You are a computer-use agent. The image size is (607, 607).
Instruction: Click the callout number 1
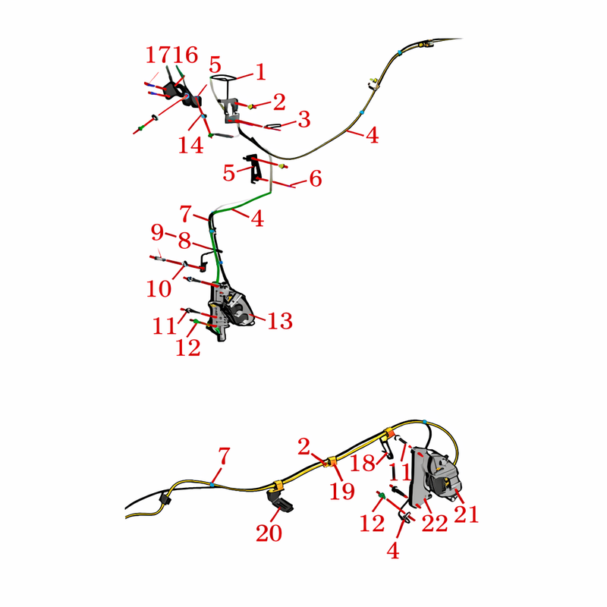[261, 71]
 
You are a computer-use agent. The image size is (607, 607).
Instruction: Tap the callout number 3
[304, 119]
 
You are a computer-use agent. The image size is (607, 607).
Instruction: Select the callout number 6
[316, 178]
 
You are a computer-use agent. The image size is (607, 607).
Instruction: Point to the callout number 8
[184, 241]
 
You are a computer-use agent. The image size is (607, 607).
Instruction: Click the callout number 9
[158, 232]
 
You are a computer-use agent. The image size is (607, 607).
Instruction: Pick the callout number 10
[159, 289]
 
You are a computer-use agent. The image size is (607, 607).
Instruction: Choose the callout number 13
[280, 321]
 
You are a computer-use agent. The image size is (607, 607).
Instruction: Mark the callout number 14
[191, 145]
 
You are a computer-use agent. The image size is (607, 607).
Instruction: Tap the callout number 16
[186, 55]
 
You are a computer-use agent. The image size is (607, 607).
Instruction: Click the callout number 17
[158, 55]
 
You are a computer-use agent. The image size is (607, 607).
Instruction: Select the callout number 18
[363, 463]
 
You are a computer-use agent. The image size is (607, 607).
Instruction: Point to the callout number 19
[342, 491]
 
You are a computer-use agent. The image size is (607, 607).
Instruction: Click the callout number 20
[269, 533]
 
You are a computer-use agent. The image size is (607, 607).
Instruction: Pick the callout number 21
[466, 514]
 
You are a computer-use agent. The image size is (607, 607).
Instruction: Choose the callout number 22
[435, 524]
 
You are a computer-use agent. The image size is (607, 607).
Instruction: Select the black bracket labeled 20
[281, 502]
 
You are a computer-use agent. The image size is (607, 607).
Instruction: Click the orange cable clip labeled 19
[332, 461]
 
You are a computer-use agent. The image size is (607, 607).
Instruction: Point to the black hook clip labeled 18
[387, 449]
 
